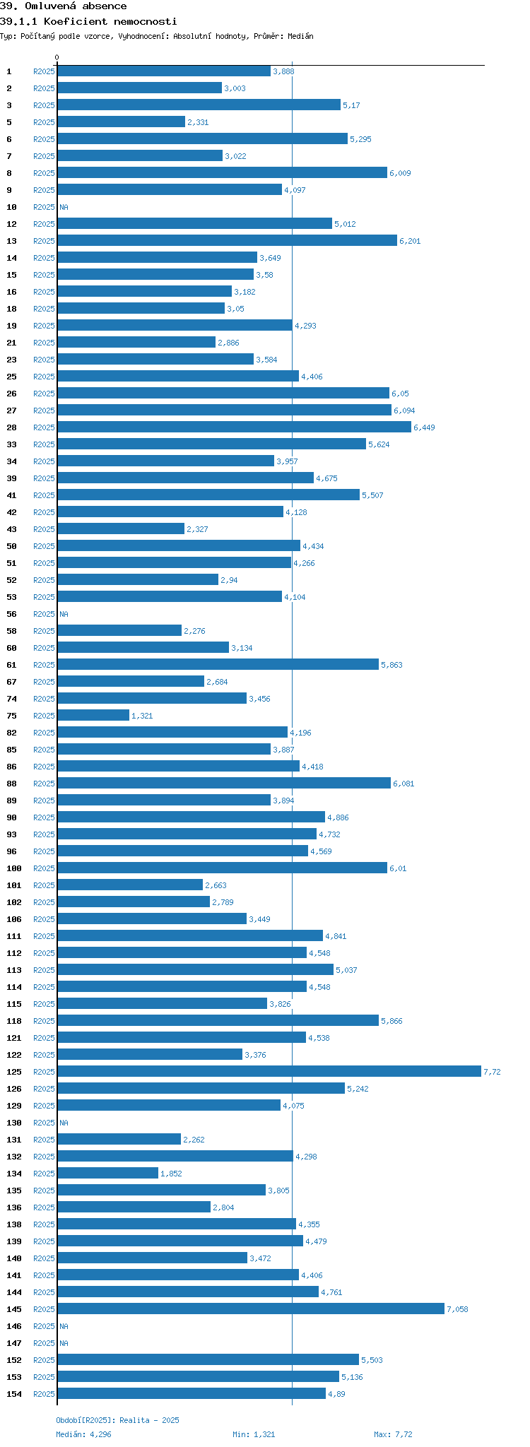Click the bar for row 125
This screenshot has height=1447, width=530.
pos(269,1071)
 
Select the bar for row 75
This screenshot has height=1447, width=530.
pos(93,715)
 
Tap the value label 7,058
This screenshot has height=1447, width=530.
pos(457,1309)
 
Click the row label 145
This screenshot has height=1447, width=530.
pos(14,1309)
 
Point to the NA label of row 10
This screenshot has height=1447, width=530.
pos(64,207)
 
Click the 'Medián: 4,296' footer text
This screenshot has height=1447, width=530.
pos(83,1434)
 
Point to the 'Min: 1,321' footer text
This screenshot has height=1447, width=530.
pos(254,1434)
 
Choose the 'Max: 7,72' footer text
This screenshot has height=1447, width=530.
pos(393,1434)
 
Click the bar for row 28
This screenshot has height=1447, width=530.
pos(234,427)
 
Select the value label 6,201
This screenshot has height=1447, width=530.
pos(410,241)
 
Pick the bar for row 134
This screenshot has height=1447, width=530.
pos(107,1173)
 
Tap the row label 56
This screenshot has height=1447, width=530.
pos(12,614)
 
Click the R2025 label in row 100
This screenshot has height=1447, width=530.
pos(44,868)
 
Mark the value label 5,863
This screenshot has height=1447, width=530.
pos(391,665)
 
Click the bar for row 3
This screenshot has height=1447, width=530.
pos(199,105)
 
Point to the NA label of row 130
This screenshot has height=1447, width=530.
pos(64,1123)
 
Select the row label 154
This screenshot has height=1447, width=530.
pos(14,1394)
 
